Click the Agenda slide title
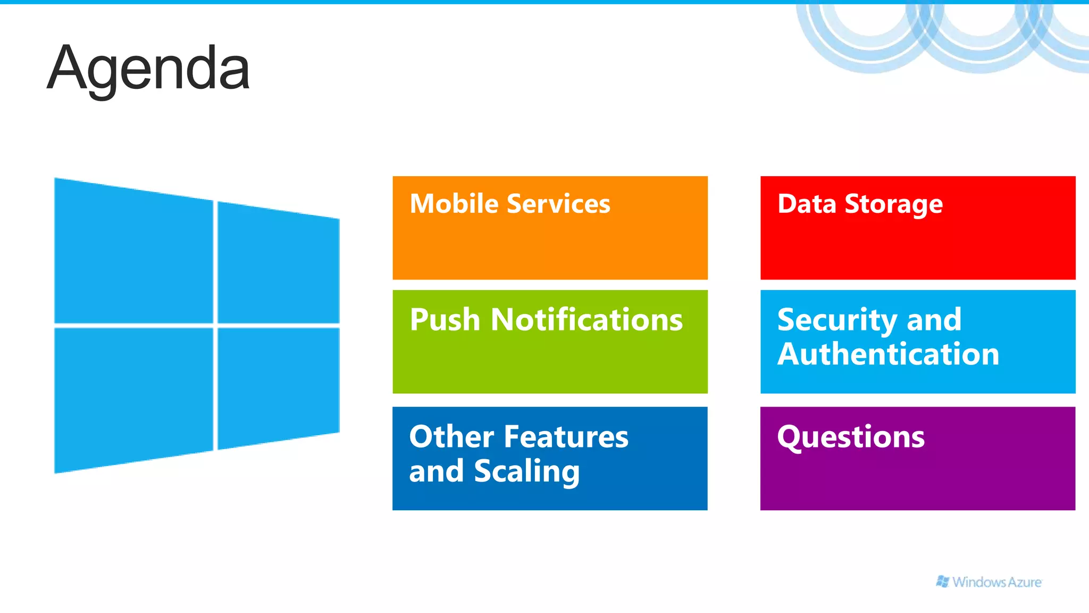coord(148,69)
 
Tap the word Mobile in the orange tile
coord(454,204)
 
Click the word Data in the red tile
coord(807,204)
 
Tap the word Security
coord(837,321)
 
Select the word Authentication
coord(888,354)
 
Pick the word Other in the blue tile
coord(451,437)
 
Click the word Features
coord(566,437)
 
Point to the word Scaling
coord(526,472)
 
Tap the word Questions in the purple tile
coord(851,438)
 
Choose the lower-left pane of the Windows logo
coord(133,396)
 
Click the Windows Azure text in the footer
coord(997,582)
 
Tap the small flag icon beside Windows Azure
coord(942,582)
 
